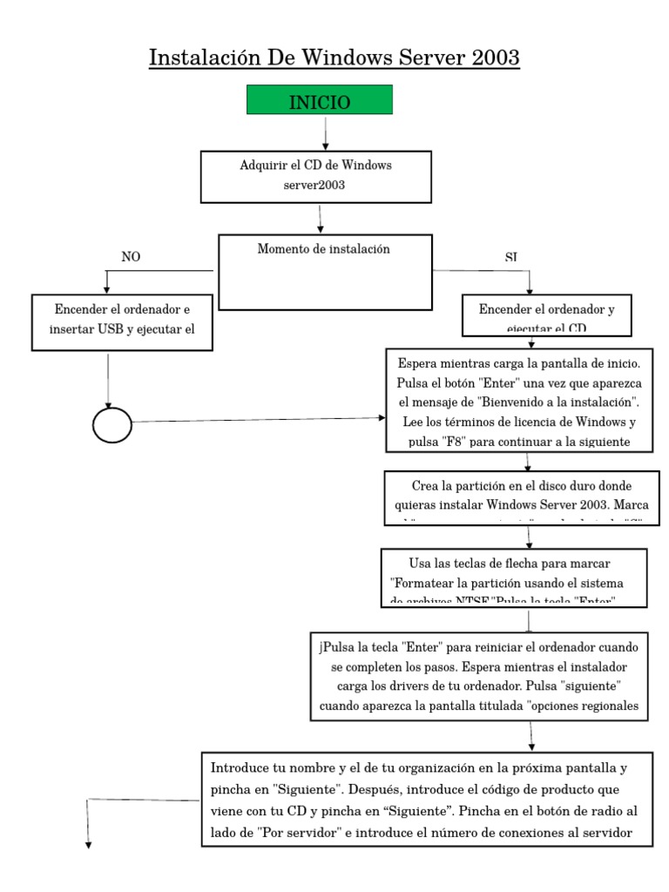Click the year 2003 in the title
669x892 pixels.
point(489,57)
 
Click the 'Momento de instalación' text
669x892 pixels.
point(324,249)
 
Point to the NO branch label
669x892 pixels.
point(131,257)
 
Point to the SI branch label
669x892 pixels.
point(510,258)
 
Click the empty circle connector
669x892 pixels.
point(111,426)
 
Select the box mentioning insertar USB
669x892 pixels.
point(121,322)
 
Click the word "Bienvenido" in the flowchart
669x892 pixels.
point(516,402)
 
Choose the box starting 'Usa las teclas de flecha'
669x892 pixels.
point(514,577)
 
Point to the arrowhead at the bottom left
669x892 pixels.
point(87,842)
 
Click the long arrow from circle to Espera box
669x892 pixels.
point(261,420)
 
